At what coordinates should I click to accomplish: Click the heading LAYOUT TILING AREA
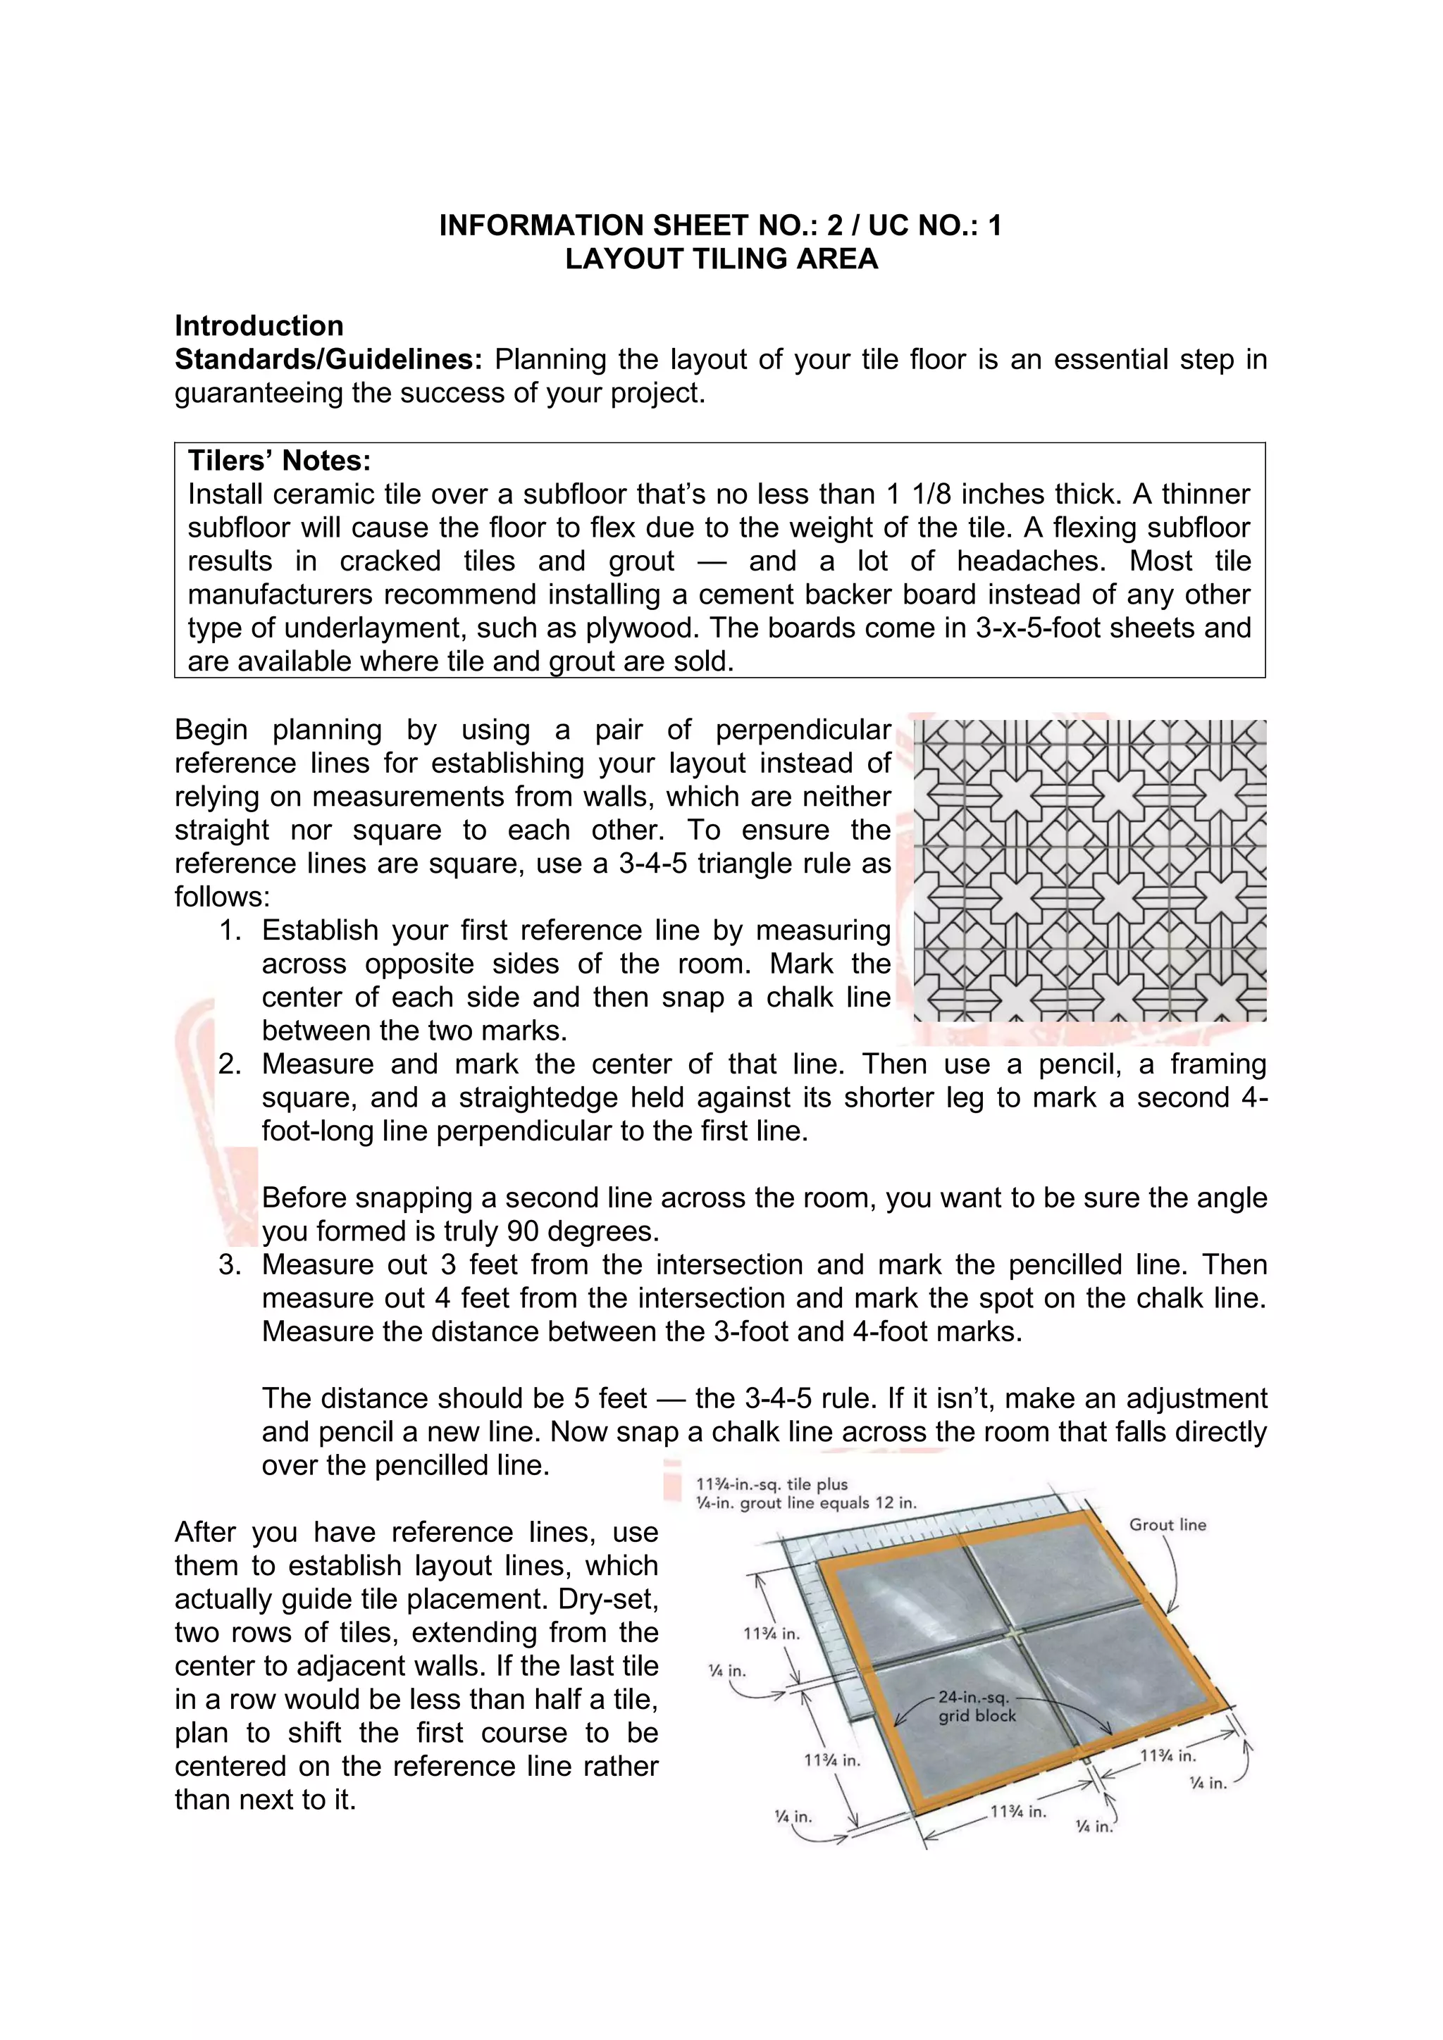[721, 259]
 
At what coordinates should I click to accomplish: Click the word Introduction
[259, 325]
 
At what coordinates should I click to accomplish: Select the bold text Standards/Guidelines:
[328, 359]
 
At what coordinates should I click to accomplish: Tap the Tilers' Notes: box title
[279, 460]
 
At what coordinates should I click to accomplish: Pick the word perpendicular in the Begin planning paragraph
[803, 730]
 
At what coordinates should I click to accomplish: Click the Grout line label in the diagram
[1167, 1524]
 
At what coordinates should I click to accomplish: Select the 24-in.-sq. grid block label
[976, 1706]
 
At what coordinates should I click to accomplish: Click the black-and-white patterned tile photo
[1089, 871]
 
